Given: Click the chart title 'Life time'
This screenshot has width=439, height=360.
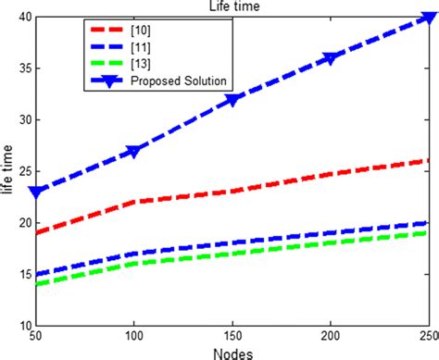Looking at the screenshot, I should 232,6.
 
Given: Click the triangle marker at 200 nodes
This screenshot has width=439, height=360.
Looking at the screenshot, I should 331,57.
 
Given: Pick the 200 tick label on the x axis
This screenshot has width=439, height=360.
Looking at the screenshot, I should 331,336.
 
